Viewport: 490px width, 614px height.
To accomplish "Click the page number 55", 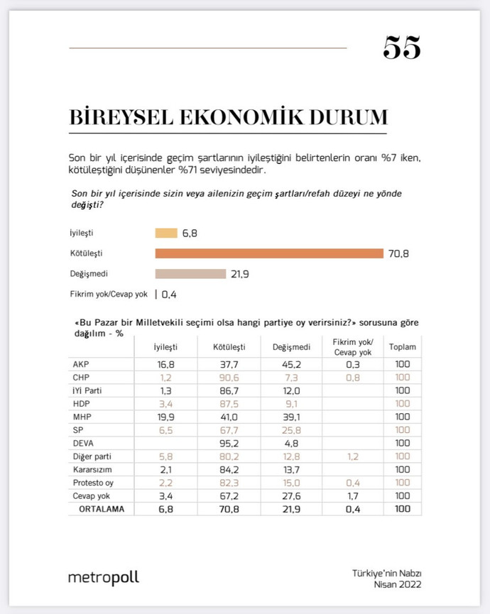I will [x=402, y=48].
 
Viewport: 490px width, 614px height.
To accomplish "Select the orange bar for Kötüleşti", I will [x=269, y=253].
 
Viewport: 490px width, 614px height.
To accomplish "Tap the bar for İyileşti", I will [x=165, y=233].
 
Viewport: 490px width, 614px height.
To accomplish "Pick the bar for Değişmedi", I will [x=190, y=274].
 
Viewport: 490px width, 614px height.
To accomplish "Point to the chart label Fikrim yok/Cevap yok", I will [x=109, y=294].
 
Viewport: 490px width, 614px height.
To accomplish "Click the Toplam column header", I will [x=403, y=347].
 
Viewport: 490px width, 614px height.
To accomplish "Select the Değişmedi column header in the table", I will [x=290, y=347].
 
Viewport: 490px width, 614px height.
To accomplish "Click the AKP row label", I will [x=81, y=364].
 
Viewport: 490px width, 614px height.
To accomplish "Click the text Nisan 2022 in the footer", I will [x=398, y=584].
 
